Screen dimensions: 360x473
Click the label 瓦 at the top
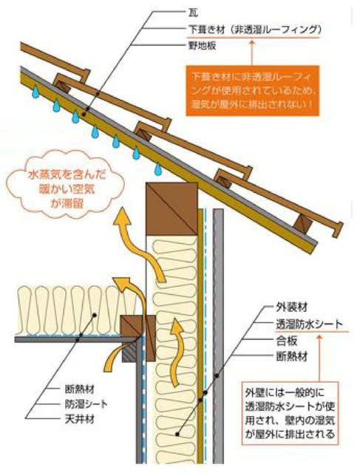tap(193, 13)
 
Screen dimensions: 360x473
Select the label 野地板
tap(202, 46)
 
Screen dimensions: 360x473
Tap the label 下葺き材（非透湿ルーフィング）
tap(254, 30)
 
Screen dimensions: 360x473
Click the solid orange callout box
tap(252, 90)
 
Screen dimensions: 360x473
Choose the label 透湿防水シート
tap(310, 324)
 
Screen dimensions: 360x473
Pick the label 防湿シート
tap(86, 404)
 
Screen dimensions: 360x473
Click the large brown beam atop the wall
tap(171, 208)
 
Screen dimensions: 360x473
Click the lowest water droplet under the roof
tap(157, 169)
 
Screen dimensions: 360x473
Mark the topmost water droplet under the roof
tap(35, 92)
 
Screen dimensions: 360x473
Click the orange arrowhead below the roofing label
tap(252, 43)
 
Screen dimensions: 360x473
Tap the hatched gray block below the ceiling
tap(129, 352)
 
